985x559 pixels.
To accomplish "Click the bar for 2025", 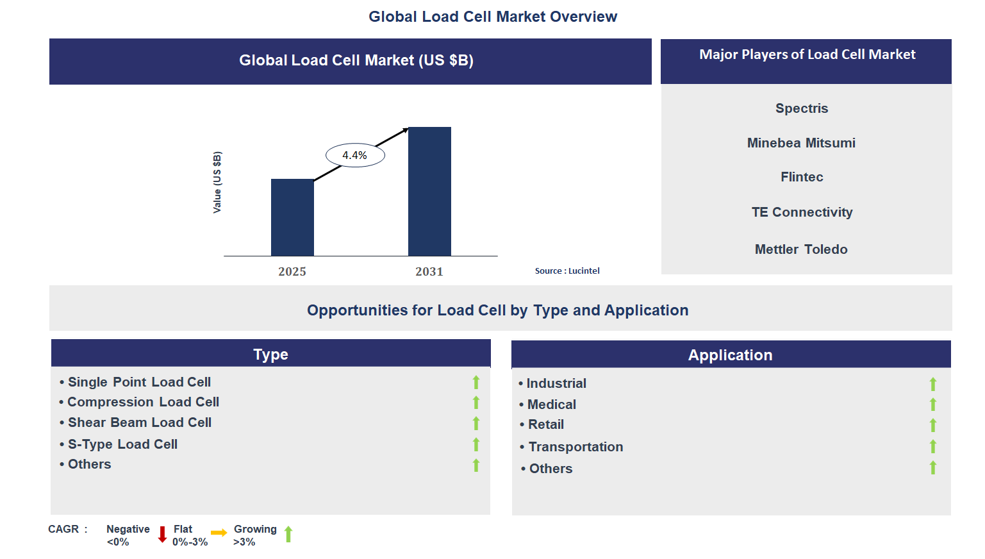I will tap(292, 217).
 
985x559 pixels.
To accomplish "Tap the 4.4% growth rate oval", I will tap(355, 155).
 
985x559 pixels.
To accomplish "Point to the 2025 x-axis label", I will tap(292, 272).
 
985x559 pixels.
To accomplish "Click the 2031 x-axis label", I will tap(429, 272).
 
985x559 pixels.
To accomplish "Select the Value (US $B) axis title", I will tap(217, 183).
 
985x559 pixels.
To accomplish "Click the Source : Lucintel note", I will tap(567, 271).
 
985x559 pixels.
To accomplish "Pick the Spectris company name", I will tap(802, 108).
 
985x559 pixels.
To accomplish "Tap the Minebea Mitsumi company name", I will tap(801, 143).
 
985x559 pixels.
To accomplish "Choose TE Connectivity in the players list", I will tap(802, 212).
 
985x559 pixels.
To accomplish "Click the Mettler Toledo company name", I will tap(801, 249).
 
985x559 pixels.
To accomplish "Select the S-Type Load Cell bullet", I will tap(122, 444).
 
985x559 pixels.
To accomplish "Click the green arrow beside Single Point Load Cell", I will tap(476, 383).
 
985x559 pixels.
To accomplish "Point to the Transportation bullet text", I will tap(575, 447).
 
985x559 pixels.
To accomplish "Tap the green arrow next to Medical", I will tap(933, 405).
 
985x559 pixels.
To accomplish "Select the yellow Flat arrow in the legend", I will tap(219, 533).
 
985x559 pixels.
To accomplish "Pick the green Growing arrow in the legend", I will tap(288, 534).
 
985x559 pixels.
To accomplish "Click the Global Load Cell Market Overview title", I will tap(493, 17).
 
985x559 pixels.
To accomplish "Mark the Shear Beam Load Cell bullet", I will tap(140, 422).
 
